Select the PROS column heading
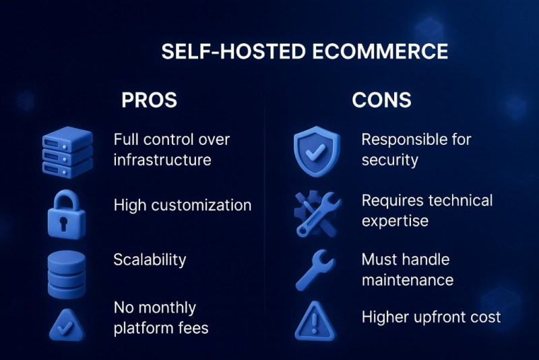pos(149,100)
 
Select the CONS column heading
pos(381,100)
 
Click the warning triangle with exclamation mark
pos(314,322)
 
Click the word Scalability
pos(150,260)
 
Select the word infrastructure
pos(162,160)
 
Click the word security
pos(389,160)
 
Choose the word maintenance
pos(407,279)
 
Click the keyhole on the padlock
pos(66,222)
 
